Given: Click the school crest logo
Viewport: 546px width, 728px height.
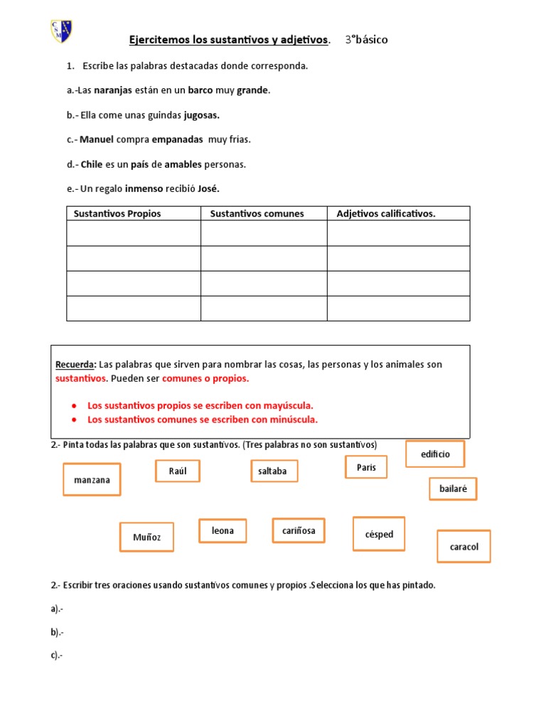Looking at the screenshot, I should [x=62, y=31].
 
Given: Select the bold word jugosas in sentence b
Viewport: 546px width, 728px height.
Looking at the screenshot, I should [x=202, y=115].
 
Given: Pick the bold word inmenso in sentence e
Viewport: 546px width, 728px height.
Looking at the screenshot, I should [x=144, y=188].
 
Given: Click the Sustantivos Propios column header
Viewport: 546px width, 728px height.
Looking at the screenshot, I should [x=117, y=213].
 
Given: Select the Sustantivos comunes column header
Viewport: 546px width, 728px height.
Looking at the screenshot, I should [x=257, y=213].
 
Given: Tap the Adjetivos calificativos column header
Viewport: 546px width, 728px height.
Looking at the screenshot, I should [x=385, y=213].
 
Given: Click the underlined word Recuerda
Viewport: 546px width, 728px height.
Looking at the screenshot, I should [x=75, y=365].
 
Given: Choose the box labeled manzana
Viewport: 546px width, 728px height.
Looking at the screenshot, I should [x=92, y=480].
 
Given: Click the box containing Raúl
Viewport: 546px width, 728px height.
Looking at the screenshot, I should [x=178, y=471].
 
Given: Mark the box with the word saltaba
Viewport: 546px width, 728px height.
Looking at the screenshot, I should [x=274, y=471].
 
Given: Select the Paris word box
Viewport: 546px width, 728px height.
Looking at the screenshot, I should [x=366, y=467].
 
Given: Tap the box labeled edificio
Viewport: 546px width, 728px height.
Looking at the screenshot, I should [x=435, y=454].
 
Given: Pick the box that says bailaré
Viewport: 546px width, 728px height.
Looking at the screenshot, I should [x=453, y=489].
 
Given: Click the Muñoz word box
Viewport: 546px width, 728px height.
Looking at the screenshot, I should [x=147, y=537].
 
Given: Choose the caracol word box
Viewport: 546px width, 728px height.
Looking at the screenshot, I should [x=464, y=547].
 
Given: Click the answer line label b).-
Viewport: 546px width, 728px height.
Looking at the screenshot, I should [x=57, y=632].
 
